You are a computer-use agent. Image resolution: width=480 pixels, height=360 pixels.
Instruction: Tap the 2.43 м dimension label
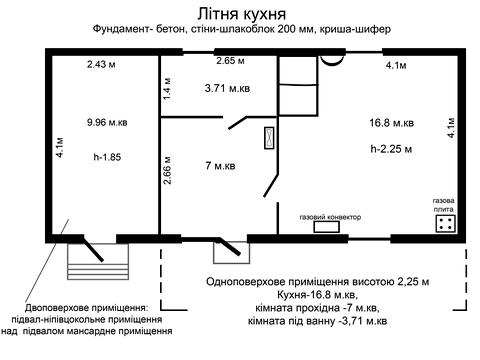pyautogui.click(x=102, y=66)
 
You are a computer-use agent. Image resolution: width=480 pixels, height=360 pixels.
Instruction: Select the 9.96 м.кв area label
pyautogui.click(x=108, y=124)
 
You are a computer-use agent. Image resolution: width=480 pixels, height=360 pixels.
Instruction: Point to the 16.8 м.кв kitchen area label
pyautogui.click(x=392, y=124)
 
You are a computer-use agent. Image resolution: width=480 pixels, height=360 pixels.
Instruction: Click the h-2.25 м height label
pyautogui.click(x=392, y=151)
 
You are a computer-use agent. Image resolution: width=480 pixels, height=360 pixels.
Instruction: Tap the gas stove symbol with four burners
pyautogui.click(x=446, y=223)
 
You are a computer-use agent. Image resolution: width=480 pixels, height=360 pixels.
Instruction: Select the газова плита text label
pyautogui.click(x=446, y=203)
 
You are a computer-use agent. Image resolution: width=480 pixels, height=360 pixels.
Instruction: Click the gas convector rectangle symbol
pyautogui.click(x=328, y=226)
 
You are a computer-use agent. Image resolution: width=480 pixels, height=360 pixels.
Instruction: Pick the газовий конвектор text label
pyautogui.click(x=329, y=216)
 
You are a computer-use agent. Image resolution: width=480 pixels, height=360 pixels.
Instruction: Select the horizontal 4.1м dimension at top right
pyautogui.click(x=395, y=66)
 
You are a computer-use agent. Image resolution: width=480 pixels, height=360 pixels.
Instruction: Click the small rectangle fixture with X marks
pyautogui.click(x=268, y=138)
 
